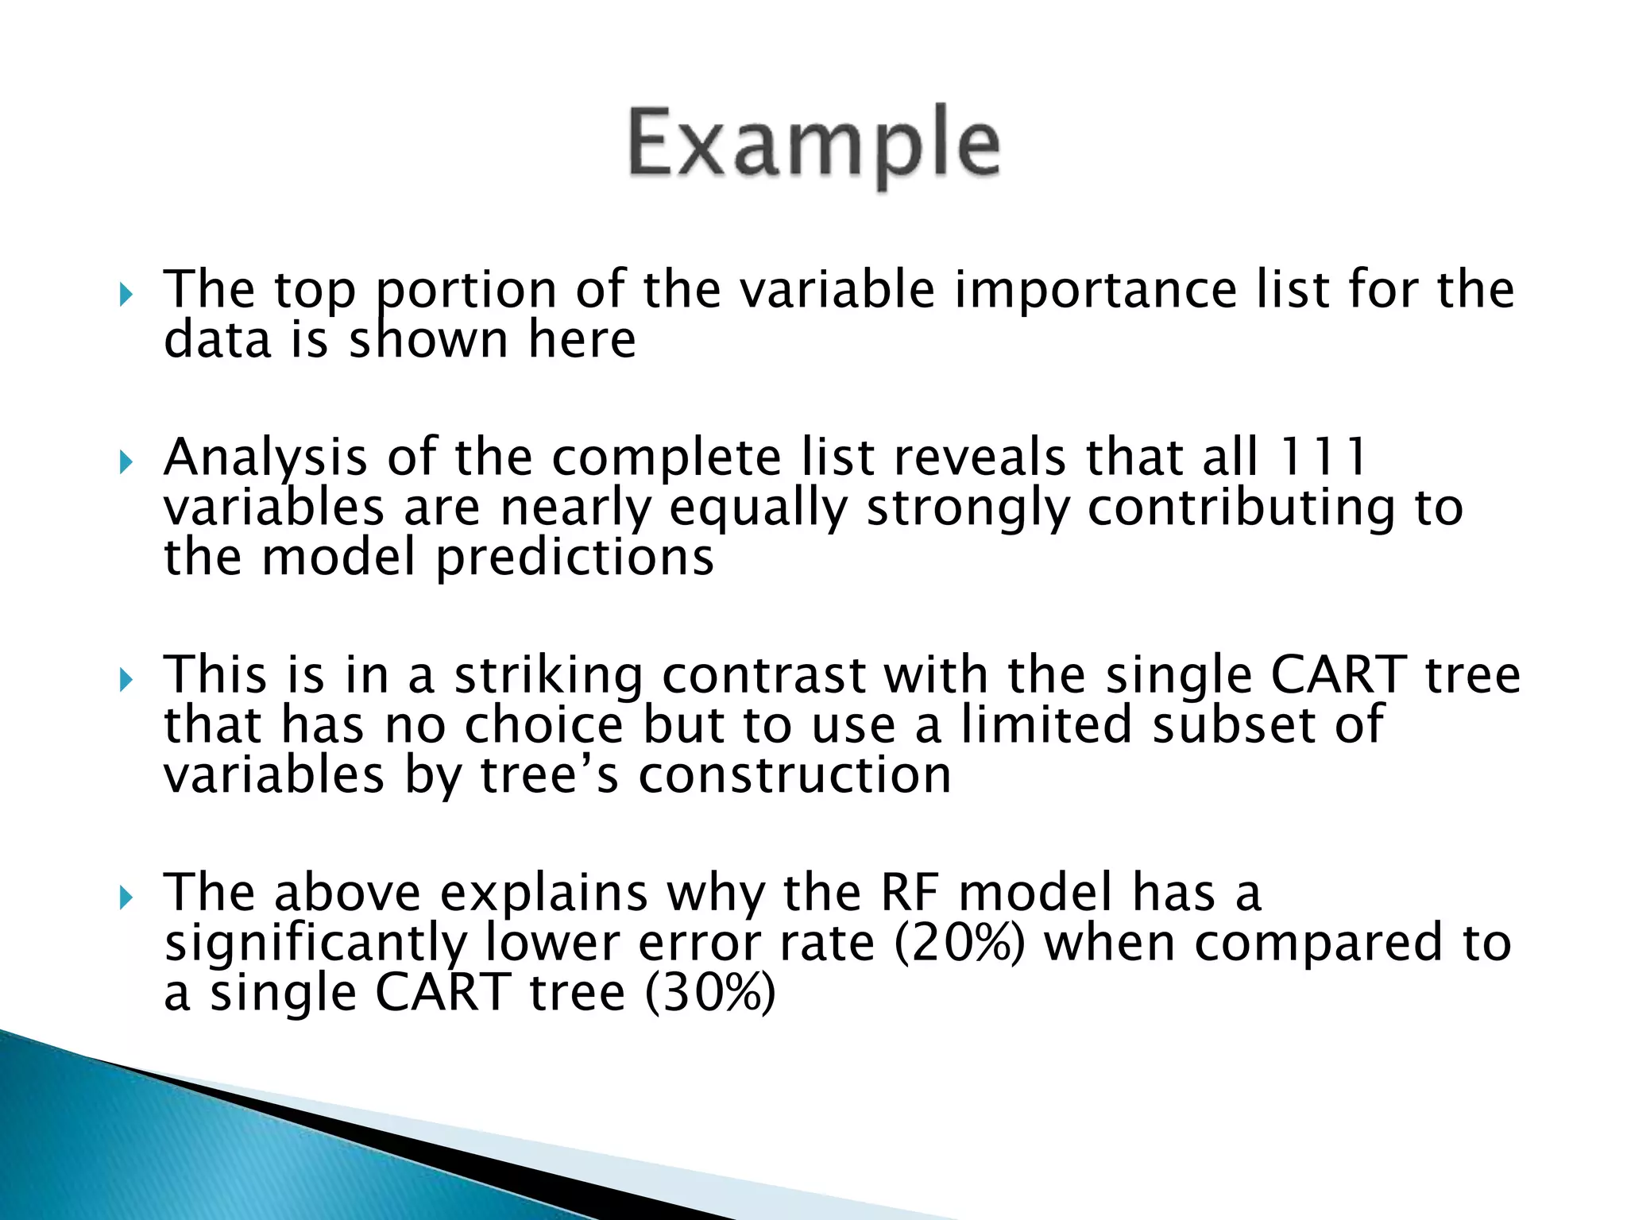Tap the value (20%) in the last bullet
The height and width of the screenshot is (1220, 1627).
click(960, 943)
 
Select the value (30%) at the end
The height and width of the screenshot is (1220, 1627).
click(709, 993)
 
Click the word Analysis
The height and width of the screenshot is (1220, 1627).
click(265, 459)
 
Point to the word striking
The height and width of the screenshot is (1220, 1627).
click(548, 676)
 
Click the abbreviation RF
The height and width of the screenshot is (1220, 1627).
click(909, 893)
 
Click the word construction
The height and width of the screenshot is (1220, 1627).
click(794, 775)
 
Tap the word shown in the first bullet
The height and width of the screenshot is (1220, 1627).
click(428, 341)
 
